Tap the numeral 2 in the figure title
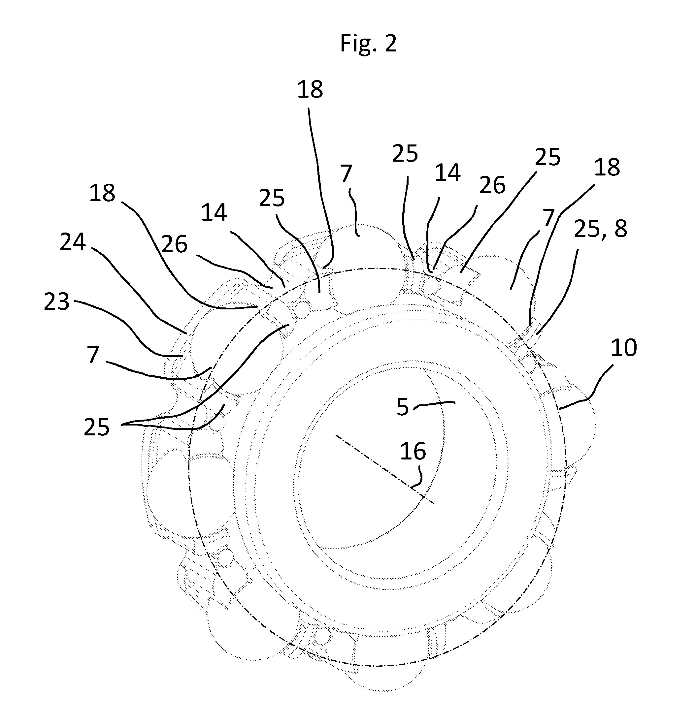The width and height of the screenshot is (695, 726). pyautogui.click(x=390, y=43)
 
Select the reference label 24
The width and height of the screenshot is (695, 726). pyautogui.click(x=73, y=242)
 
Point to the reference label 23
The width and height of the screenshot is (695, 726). pyautogui.click(x=57, y=301)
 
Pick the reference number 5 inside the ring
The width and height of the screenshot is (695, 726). pyautogui.click(x=402, y=407)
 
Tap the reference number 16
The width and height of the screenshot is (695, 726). pyautogui.click(x=413, y=451)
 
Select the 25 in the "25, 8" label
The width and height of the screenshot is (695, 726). pyautogui.click(x=587, y=229)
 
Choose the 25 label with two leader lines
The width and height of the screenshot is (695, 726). pyautogui.click(x=97, y=427)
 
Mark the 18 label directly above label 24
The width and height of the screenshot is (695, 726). pyautogui.click(x=102, y=193)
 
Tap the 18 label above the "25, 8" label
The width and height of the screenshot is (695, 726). pyautogui.click(x=607, y=167)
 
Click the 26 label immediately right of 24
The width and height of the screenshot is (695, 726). pyautogui.click(x=175, y=244)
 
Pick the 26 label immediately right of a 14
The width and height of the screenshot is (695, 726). pyautogui.click(x=492, y=185)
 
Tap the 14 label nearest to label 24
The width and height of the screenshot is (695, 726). pyautogui.click(x=214, y=213)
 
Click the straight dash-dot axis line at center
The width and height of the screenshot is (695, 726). pyautogui.click(x=385, y=469)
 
